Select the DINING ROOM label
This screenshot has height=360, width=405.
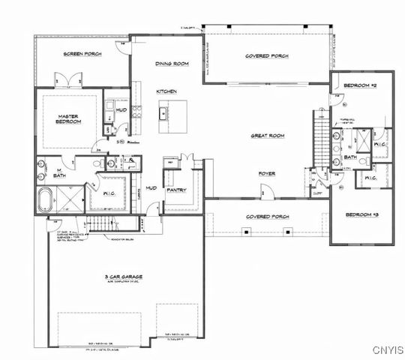click(171, 64)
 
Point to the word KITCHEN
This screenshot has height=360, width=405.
click(166, 91)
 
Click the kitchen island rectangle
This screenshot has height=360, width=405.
click(162, 114)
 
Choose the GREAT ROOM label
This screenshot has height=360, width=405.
click(268, 136)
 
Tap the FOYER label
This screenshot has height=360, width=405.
click(267, 173)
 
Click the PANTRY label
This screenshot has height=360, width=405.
click(176, 190)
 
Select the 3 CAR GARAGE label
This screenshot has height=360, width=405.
click(124, 277)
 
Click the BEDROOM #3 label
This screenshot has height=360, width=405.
click(360, 214)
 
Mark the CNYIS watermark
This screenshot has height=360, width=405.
click(386, 349)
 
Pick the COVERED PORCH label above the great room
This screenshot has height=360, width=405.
click(268, 56)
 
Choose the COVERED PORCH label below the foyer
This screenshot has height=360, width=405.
click(268, 217)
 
